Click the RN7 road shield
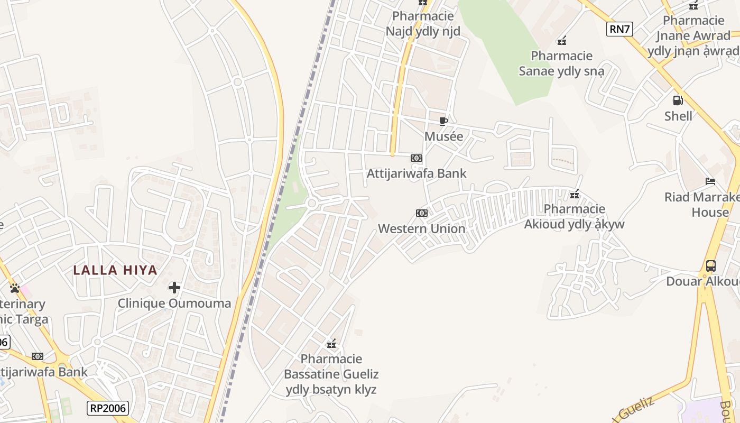[x=619, y=29]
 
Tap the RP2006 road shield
[x=108, y=408]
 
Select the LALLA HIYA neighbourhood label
[x=115, y=270]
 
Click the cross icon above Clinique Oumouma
[x=174, y=288]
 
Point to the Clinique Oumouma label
[x=174, y=304]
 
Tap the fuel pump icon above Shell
[x=678, y=100]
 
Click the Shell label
[x=678, y=116]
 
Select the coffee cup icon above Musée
[x=443, y=121]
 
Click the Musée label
[x=444, y=136]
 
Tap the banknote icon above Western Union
[x=421, y=213]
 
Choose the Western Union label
[x=422, y=229]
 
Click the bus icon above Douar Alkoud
[x=711, y=265]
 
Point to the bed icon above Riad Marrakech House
[x=710, y=181]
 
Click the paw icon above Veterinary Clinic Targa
[x=15, y=288]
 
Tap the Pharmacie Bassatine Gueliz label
[x=331, y=374]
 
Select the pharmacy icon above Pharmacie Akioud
[x=575, y=195]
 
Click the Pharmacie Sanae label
[x=561, y=63]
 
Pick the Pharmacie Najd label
[x=423, y=24]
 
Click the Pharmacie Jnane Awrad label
[x=693, y=35]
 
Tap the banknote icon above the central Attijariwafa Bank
[x=417, y=158]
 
